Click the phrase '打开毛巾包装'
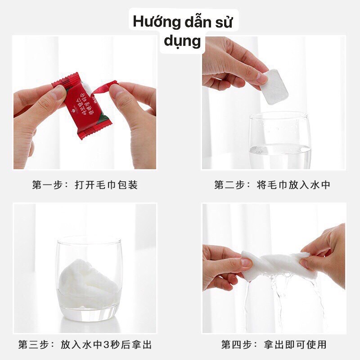(106, 185)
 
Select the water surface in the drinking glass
(279, 147)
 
